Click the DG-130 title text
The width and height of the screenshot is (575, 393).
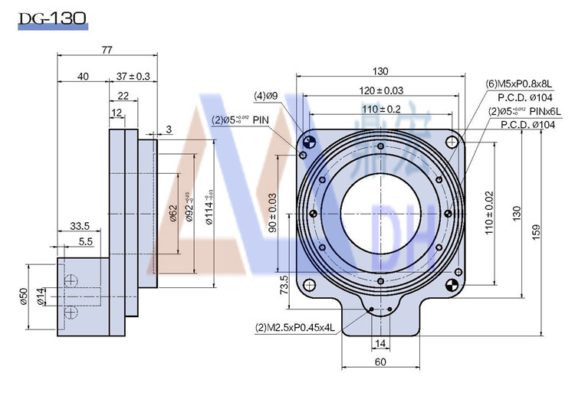(x=53, y=16)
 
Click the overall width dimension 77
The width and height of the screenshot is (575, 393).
(x=107, y=50)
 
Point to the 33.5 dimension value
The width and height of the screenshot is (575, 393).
(x=80, y=225)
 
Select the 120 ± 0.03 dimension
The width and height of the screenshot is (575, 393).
(x=381, y=90)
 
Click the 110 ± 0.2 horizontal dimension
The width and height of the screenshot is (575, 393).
(x=381, y=109)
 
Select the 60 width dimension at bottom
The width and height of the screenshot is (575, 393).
(x=379, y=361)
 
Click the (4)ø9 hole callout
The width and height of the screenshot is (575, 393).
(x=265, y=96)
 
